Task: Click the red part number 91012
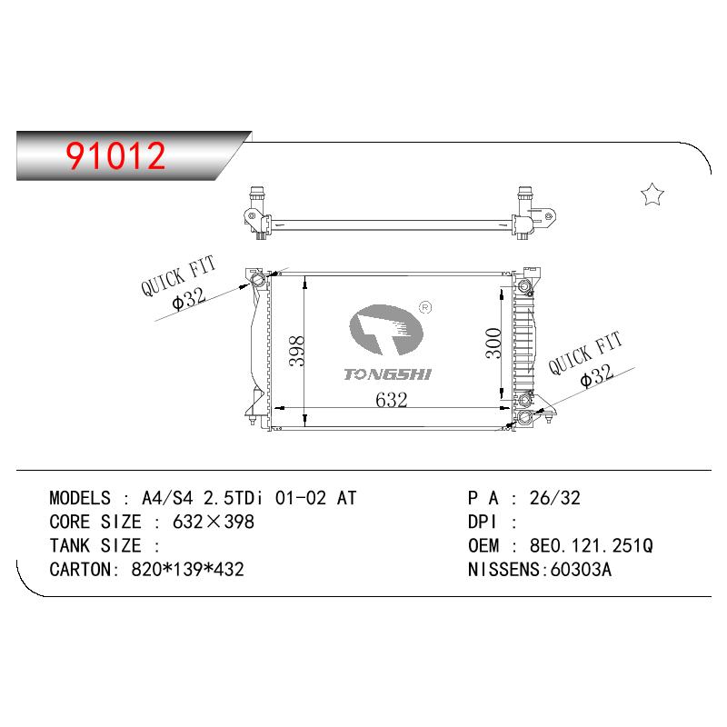click(115, 155)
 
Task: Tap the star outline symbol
click(652, 194)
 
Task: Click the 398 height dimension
click(297, 351)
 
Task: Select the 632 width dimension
click(392, 400)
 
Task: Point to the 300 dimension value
click(493, 344)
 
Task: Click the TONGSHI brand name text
click(388, 374)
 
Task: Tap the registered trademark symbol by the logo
click(425, 307)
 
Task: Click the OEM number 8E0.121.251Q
click(592, 546)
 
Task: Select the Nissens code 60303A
click(581, 570)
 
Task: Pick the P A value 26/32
click(555, 498)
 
